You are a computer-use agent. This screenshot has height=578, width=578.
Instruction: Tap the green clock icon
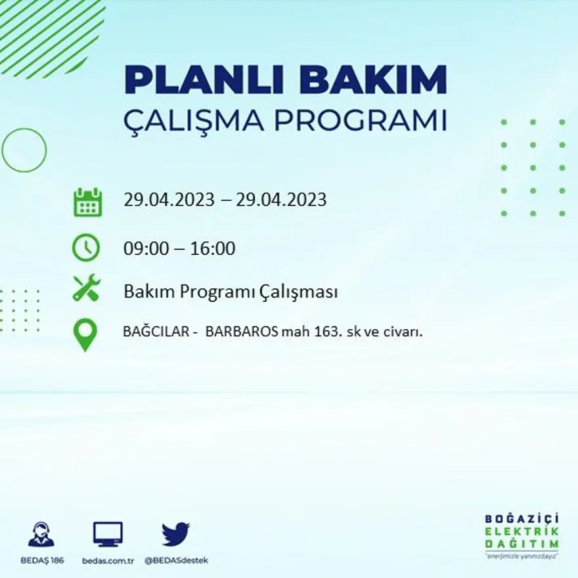86,248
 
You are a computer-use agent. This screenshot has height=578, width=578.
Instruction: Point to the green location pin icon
85,334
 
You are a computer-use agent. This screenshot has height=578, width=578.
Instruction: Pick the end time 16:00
213,249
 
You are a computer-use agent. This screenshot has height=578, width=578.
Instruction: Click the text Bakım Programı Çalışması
231,291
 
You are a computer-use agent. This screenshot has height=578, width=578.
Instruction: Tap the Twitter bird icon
175,534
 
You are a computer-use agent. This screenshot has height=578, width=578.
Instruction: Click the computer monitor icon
108,534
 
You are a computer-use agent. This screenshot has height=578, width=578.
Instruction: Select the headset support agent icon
41,534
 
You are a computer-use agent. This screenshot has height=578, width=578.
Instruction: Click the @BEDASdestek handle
175,560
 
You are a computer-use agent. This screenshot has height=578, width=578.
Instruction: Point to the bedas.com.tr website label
108,560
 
